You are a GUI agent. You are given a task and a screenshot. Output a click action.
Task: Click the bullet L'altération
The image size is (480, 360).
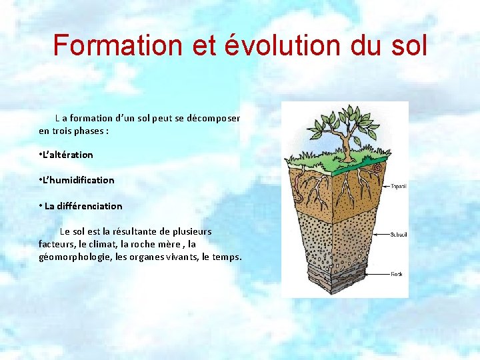[67, 155]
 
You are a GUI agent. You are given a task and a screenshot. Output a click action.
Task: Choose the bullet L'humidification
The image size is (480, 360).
[77, 180]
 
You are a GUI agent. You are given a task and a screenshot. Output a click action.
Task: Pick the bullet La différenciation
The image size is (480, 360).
[81, 206]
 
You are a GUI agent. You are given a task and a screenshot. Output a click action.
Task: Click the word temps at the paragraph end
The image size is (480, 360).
[226, 257]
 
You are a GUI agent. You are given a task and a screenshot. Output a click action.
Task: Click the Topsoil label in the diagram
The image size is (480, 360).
[399, 186]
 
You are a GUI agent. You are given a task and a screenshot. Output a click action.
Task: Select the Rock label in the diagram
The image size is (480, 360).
[396, 273]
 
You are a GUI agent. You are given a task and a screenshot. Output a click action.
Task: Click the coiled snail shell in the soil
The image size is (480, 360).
[377, 167]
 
